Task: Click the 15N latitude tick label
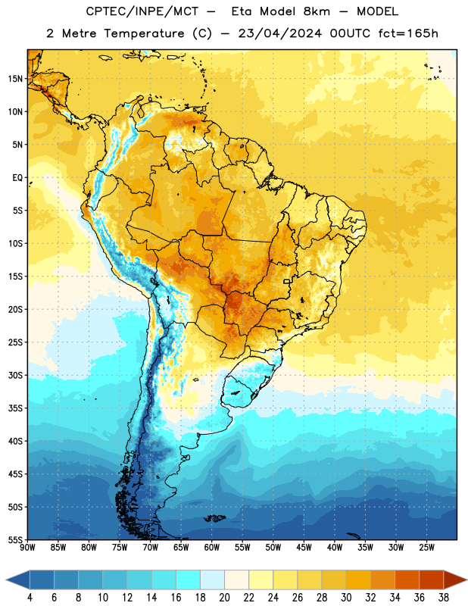(15, 79)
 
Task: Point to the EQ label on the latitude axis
(17, 178)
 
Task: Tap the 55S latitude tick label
(15, 540)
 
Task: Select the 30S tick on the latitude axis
(15, 375)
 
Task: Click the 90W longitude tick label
(28, 548)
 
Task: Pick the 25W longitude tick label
(426, 548)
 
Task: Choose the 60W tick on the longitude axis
(212, 548)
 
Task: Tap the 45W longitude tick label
(304, 548)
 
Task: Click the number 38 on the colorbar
(444, 598)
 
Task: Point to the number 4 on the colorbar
(30, 598)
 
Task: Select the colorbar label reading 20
(224, 598)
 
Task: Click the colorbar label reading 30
(346, 598)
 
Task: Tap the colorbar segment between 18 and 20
(212, 580)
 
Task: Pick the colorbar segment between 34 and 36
(407, 580)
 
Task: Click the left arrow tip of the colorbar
(6, 580)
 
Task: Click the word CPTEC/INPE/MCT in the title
(142, 11)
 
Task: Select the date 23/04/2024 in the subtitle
(280, 33)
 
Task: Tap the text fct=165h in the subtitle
(408, 33)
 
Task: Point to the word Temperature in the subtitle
(144, 33)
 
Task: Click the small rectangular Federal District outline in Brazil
(287, 281)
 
